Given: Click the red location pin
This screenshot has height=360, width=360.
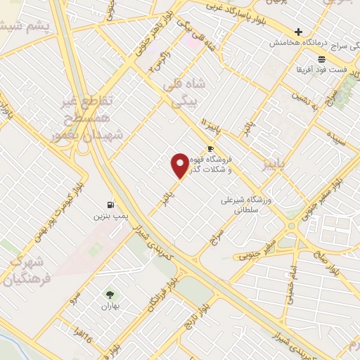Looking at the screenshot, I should [x=181, y=165].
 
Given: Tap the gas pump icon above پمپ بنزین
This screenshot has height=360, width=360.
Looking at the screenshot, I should [x=109, y=204].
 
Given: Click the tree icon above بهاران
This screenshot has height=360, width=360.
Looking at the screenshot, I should [x=110, y=294].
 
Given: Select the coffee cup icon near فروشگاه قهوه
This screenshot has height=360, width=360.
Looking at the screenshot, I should [x=210, y=148].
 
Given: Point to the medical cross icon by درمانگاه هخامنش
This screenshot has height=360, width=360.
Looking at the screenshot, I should [x=298, y=32].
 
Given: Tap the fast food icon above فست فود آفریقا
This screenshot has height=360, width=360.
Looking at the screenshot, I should [x=321, y=59].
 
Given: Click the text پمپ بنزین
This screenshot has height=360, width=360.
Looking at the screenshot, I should [x=109, y=216].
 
